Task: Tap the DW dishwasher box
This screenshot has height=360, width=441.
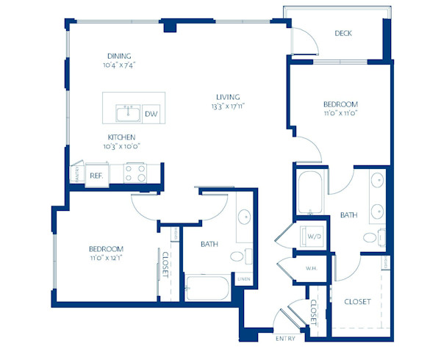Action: [151, 113]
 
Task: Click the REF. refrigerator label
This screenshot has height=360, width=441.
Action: [96, 176]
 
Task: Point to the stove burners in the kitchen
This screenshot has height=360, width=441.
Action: [135, 173]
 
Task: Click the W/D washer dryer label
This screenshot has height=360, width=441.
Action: [315, 237]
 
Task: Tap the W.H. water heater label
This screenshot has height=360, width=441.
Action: [311, 267]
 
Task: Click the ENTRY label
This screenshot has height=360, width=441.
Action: [285, 339]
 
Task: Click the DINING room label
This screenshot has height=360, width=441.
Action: [120, 55]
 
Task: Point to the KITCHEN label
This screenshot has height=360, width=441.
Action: [121, 137]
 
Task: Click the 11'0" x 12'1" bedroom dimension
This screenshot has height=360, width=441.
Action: [107, 259]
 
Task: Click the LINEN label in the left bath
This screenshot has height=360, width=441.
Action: [243, 278]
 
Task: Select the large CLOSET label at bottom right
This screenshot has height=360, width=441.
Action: [357, 302]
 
